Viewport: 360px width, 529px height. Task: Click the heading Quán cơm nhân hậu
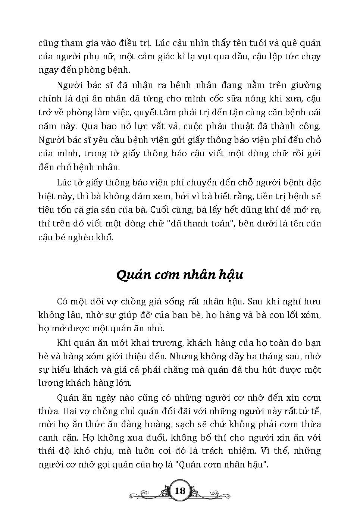pos(180,275)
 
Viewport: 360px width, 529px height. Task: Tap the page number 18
pos(180,491)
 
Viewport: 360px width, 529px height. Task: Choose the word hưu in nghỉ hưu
pos(312,301)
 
